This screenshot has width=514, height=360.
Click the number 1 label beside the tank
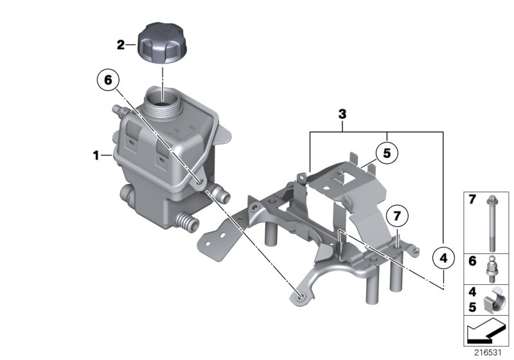(96, 155)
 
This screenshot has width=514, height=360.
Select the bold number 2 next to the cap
(120, 45)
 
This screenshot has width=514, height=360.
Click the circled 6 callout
(108, 80)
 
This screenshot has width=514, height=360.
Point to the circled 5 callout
(387, 154)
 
